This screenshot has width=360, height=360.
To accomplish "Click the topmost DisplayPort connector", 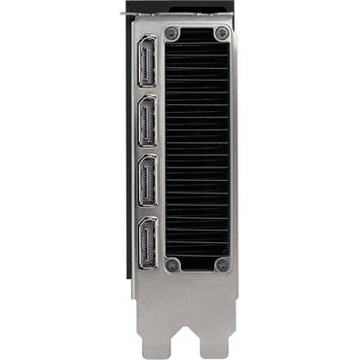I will point(148,63).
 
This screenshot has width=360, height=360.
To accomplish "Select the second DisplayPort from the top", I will point(148,124).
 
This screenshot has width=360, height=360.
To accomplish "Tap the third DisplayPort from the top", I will point(148,183).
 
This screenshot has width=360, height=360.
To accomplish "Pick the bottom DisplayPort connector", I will point(148,242).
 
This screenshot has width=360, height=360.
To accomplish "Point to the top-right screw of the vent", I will point(222,34).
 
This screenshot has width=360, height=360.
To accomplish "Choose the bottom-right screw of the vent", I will point(222,264).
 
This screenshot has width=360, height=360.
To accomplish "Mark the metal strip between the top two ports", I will point(148,93).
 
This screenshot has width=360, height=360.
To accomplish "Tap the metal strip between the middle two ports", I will point(148,154).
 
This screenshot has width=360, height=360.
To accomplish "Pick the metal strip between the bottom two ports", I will point(148,213).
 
